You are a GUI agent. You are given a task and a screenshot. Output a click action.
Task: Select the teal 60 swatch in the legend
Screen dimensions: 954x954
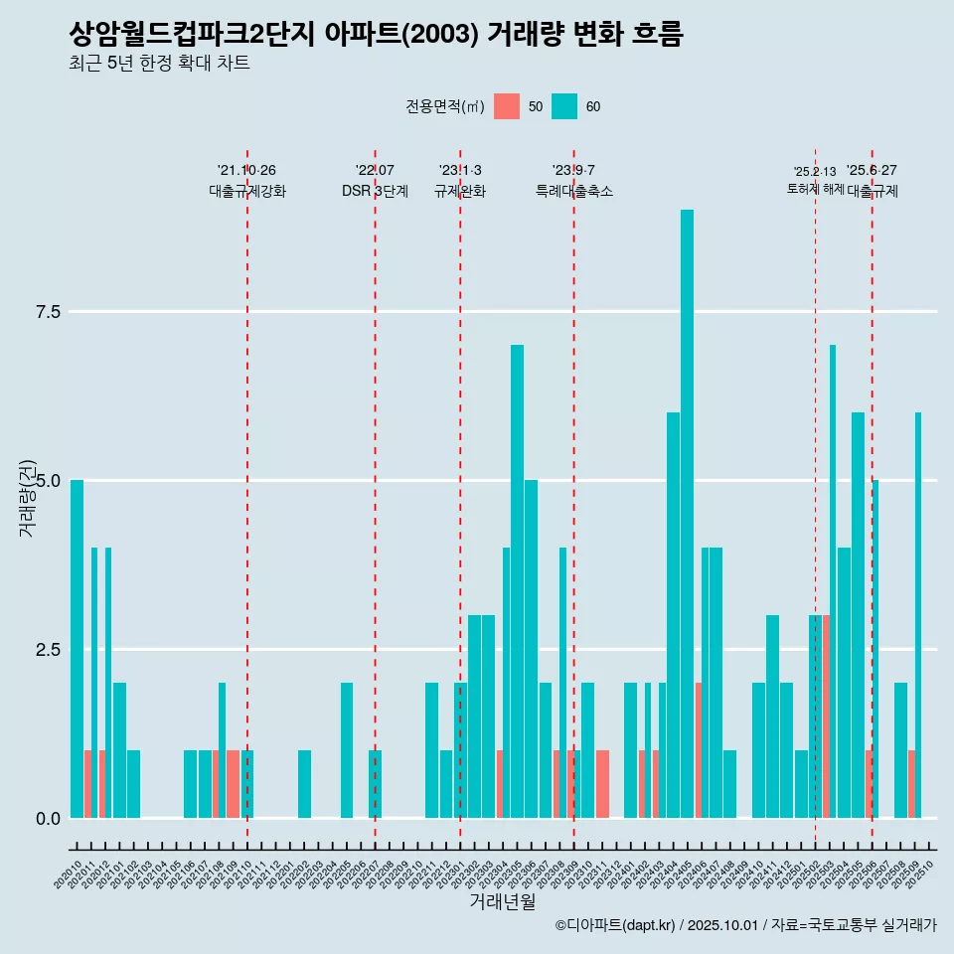coord(564,106)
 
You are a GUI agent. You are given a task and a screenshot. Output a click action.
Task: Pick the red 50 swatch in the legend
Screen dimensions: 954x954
coord(507,106)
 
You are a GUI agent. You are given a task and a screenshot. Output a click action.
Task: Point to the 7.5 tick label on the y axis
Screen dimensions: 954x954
coord(49,312)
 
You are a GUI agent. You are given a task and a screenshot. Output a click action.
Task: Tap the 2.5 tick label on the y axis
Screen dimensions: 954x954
coord(49,650)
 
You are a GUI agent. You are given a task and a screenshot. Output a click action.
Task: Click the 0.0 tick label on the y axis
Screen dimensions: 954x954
coord(49,819)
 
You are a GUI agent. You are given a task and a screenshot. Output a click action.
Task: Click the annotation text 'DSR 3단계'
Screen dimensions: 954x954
coord(375,192)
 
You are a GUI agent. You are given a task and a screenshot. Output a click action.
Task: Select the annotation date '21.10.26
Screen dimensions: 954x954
coord(246,170)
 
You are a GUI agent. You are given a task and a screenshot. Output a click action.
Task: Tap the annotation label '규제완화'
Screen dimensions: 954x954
coord(460,192)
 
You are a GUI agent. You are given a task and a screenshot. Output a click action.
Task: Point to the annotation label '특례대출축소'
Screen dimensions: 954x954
coord(574,192)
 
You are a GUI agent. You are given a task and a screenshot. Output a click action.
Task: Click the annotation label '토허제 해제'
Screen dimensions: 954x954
coord(815,189)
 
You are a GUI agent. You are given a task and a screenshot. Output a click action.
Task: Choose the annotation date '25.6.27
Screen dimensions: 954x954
coord(872,170)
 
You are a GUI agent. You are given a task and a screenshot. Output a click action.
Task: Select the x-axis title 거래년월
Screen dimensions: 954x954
coord(502,902)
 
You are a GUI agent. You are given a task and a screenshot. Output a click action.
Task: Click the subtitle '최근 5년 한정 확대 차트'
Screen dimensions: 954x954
coord(159,64)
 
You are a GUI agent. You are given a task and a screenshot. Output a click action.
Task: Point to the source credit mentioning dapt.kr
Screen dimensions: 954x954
coord(745,925)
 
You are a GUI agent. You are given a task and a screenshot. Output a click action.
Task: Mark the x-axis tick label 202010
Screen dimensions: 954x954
coord(70,875)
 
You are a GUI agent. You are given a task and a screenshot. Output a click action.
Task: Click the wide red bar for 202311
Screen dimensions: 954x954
coord(602,784)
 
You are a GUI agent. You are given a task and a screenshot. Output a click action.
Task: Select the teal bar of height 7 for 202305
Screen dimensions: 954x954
coord(517,581)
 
